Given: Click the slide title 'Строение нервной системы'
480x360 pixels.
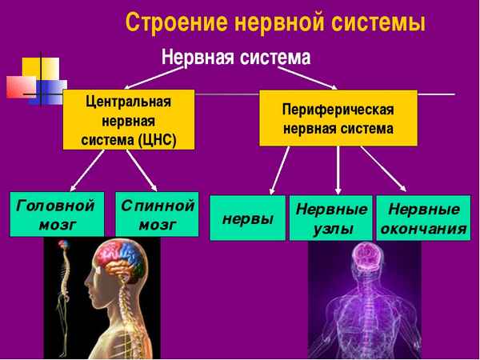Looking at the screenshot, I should point(274,22).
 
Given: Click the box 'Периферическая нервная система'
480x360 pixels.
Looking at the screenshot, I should point(338,118).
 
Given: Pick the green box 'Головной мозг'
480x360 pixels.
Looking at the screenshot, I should point(57,214).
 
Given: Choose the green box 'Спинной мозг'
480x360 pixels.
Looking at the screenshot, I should point(157,214).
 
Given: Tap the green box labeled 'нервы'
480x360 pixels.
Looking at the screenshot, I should point(247,218).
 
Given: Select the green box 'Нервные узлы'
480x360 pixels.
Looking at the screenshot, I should point(330,218).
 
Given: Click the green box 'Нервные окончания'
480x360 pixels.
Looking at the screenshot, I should point(423,218).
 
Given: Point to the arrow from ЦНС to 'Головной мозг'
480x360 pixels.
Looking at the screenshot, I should point(86,170).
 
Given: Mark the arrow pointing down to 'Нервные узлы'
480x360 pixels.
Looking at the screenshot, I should point(338,170).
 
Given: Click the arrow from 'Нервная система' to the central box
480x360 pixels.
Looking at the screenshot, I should point(148,77).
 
